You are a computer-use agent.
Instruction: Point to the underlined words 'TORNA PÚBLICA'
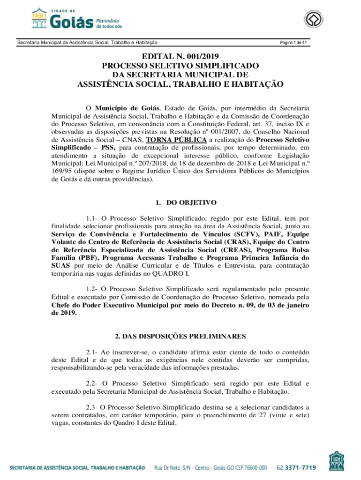pyautogui.click(x=176, y=139)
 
